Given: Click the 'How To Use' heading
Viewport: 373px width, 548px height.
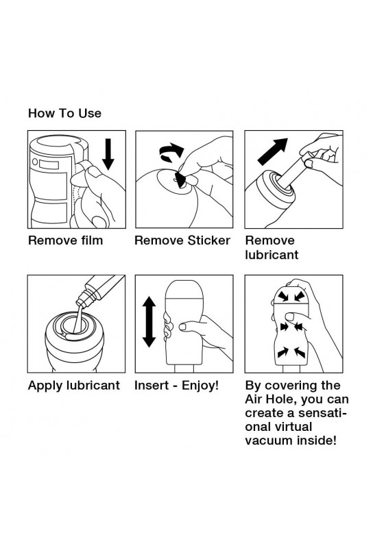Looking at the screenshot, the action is (64, 113).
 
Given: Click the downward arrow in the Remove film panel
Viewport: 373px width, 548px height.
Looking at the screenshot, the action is (108, 154).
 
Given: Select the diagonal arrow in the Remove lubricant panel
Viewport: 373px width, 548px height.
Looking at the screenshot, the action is (273, 151).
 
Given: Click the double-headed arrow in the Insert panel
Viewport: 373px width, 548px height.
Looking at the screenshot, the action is (149, 321).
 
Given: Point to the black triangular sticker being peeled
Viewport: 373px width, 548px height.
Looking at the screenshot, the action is (181, 180).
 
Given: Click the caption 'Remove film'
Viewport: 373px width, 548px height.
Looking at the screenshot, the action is (65, 240).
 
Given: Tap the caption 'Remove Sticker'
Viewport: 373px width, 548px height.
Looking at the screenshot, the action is (182, 240).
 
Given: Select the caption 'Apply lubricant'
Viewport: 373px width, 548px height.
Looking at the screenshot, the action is (74, 385).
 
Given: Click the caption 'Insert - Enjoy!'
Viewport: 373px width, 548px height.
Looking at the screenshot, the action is (177, 385).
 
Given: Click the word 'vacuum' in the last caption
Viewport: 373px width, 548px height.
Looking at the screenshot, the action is (269, 440).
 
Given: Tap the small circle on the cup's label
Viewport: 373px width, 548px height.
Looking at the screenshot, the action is (35, 162).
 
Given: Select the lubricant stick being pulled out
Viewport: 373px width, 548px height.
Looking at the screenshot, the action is (291, 169).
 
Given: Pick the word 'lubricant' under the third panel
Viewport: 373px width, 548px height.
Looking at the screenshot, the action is (272, 255).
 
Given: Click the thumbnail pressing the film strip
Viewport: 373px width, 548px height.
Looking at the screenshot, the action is (93, 172).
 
